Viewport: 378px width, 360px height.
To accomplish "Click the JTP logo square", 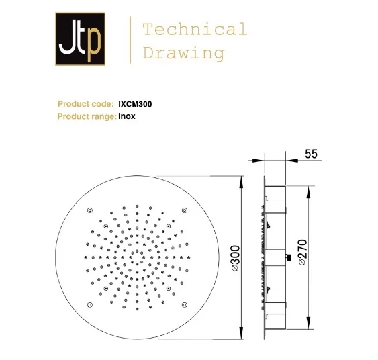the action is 81,39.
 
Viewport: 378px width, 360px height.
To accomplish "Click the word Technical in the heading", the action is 195,29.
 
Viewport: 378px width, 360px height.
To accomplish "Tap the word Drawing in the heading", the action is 184,54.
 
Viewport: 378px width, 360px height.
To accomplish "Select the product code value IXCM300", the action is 135,104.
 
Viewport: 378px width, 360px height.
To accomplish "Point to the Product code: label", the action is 85,104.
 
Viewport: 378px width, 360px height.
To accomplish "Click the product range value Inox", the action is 127,116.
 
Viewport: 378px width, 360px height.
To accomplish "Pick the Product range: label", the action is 87,116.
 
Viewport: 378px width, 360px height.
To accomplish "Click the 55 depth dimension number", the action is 312,154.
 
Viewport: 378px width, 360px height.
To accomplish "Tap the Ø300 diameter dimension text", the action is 235,258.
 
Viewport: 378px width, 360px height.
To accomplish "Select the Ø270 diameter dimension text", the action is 303,253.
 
